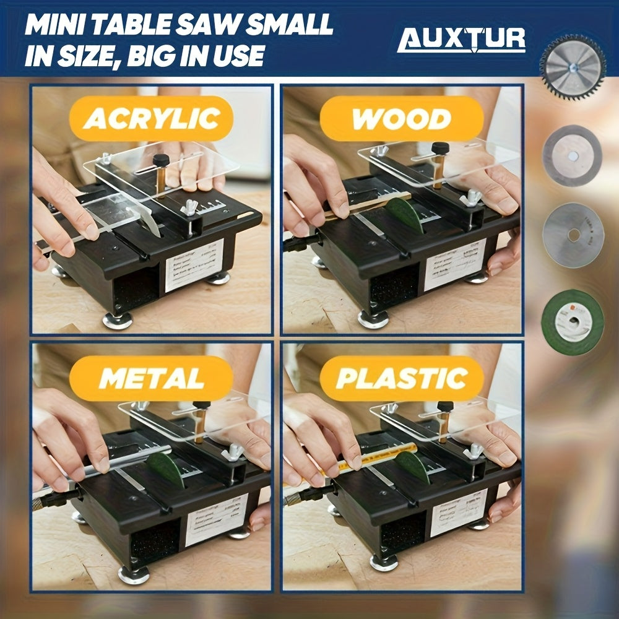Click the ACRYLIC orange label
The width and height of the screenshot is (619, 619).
pos(151,118)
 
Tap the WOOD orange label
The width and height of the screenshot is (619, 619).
pos(401,118)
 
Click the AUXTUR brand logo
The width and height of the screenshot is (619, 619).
pos(461,40)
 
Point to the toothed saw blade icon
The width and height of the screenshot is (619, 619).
pos(572,67)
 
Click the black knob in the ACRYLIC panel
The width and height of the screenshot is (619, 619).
pos(162,160)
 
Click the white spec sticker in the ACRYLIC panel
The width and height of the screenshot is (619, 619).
pos(194,264)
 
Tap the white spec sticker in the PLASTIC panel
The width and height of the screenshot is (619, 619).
pos(459,511)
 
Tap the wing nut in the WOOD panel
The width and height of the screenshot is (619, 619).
pos(472,197)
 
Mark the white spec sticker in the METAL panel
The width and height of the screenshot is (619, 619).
pos(216,519)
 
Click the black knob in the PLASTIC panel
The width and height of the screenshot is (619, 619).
pos(445,407)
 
